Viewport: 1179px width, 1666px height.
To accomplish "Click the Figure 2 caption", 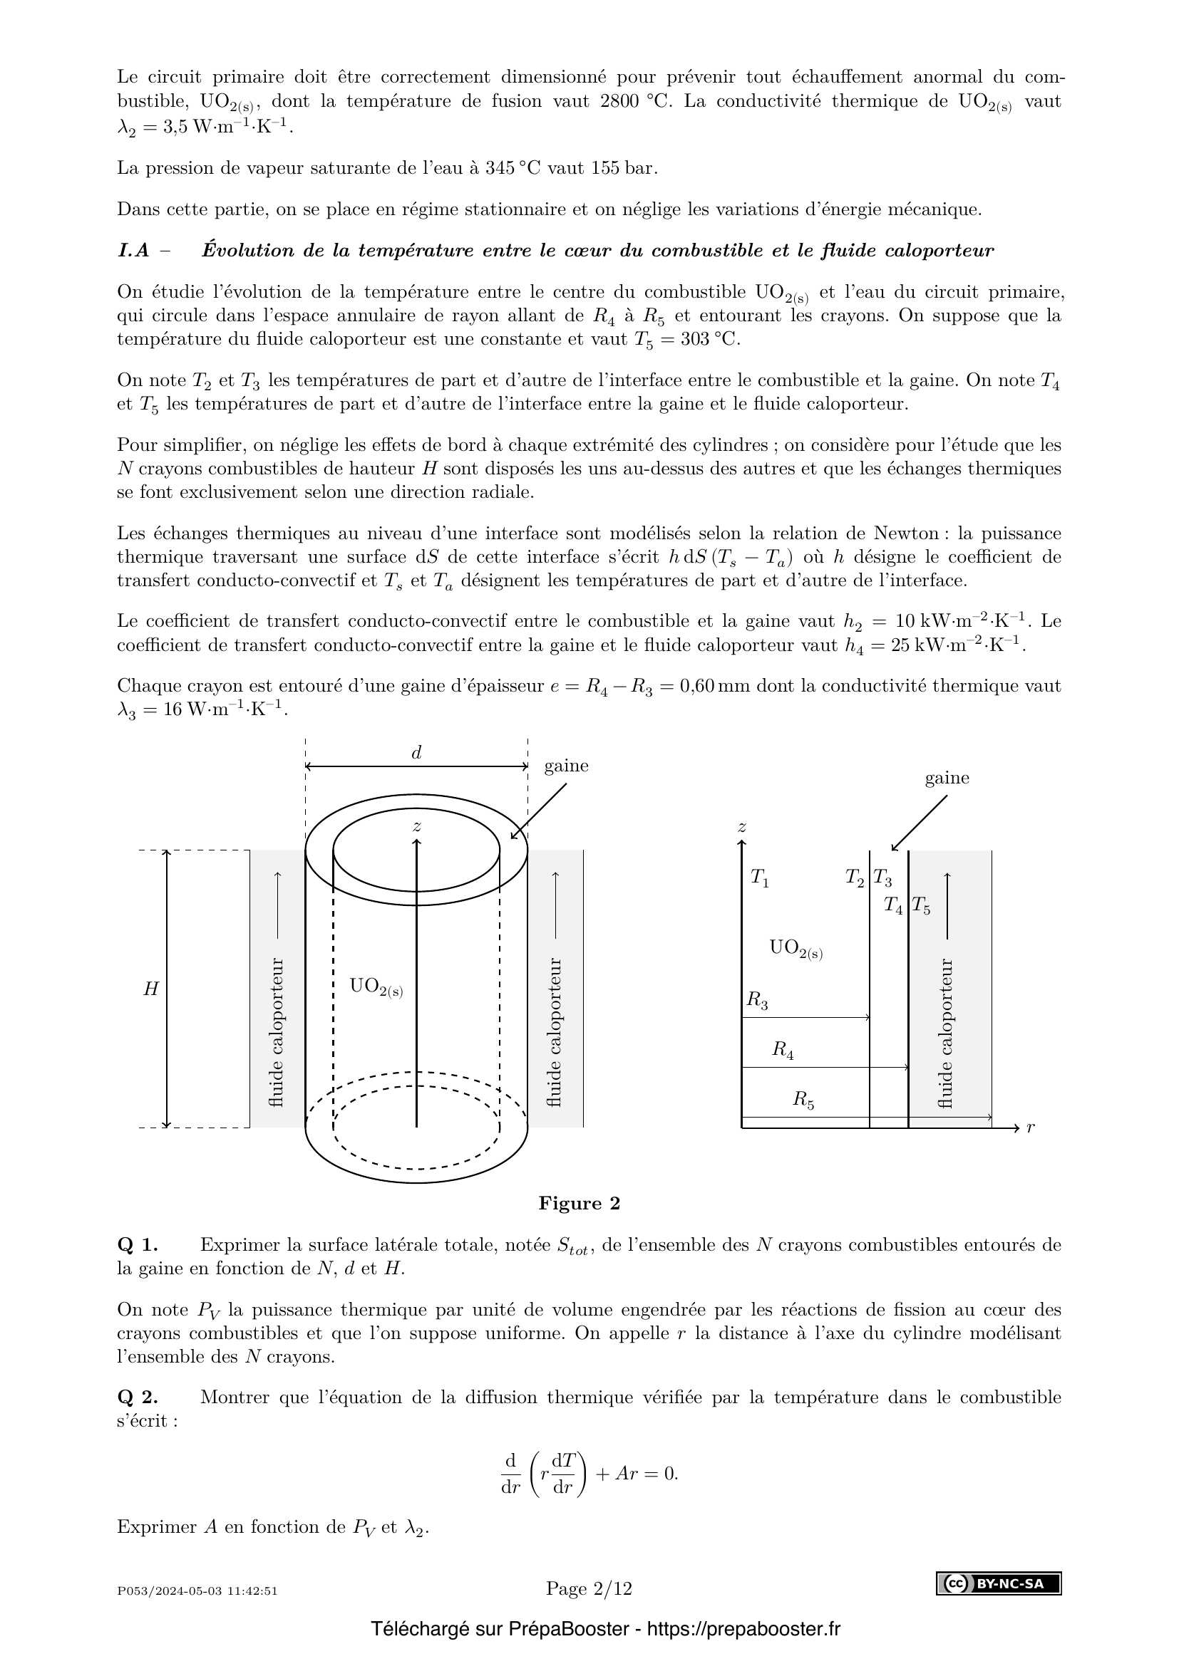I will coord(579,1203).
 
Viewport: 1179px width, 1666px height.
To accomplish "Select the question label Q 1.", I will coord(137,1244).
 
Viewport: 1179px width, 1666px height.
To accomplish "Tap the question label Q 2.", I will coord(137,1397).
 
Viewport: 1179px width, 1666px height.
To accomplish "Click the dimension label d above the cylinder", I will coord(416,752).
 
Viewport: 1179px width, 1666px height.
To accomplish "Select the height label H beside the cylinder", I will coord(150,989).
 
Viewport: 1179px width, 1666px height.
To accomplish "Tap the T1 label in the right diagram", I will coord(759,878).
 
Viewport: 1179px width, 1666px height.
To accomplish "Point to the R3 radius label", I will coord(757,1000).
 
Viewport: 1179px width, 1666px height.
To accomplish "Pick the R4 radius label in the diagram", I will coord(782,1049).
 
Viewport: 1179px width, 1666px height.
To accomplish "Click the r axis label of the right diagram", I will coord(1030,1127).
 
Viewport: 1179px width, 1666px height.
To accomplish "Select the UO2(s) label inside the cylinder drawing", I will coord(376,986).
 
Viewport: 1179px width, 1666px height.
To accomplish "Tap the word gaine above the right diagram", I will coord(947,778).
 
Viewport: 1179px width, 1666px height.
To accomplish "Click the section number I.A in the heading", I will coord(133,250).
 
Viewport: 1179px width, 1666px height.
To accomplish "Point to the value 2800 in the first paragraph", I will coord(620,101).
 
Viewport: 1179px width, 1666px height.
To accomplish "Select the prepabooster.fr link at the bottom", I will coord(743,1629).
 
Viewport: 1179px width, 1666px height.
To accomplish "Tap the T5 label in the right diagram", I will coord(920,905).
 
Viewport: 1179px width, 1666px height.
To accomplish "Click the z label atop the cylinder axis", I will coord(417,826).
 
